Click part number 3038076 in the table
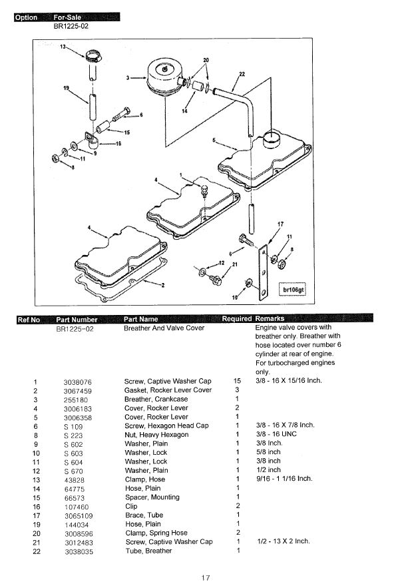tap(77, 382)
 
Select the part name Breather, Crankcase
tap(156, 399)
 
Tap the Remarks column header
tap(270, 319)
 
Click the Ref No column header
tap(29, 320)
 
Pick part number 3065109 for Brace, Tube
tap(79, 516)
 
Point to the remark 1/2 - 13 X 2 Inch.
tap(284, 541)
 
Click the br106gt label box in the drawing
tap(293, 290)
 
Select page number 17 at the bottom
tap(205, 577)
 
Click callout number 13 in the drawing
tap(63, 47)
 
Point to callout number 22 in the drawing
tap(242, 74)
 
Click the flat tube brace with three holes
tap(263, 272)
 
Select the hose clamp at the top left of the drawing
tap(93, 56)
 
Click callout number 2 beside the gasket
tap(163, 285)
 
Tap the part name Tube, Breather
tap(148, 551)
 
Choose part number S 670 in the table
tap(73, 471)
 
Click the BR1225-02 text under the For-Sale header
tap(71, 26)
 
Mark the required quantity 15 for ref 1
tap(237, 381)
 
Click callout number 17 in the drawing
tap(280, 224)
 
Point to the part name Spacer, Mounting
tap(152, 497)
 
